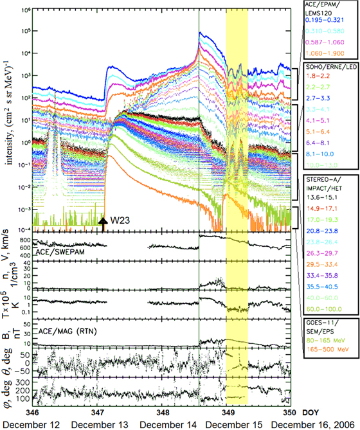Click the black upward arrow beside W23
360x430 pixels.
103,224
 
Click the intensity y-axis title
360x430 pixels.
8,129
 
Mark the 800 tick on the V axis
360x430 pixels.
24,239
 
